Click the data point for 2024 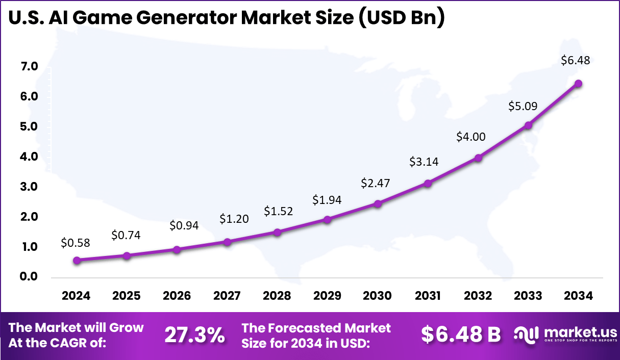tap(77, 260)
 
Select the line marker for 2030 tap(378, 203)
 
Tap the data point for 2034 tap(578, 84)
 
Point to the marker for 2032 tap(478, 158)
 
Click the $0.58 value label tap(76, 243)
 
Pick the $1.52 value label tap(278, 211)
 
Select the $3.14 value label tap(424, 162)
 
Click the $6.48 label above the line tap(575, 60)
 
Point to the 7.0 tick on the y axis tap(30, 66)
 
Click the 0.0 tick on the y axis tap(30, 277)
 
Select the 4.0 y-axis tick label tap(30, 157)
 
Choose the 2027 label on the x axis tap(227, 296)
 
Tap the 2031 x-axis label tap(428, 296)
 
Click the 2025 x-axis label tap(127, 296)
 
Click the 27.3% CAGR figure tap(194, 335)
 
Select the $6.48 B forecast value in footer tap(461, 335)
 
